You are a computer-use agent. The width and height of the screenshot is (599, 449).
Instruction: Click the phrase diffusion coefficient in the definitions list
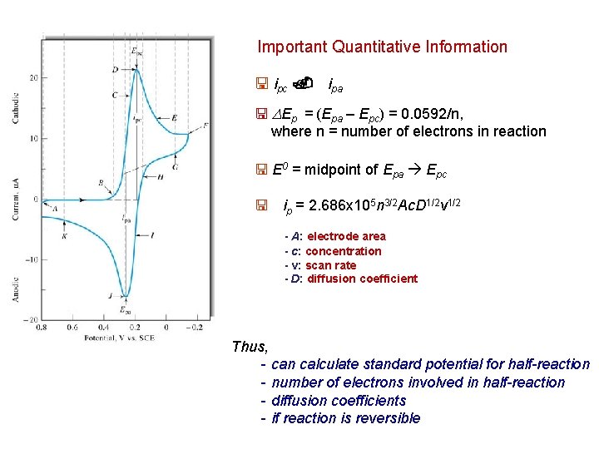coord(362,279)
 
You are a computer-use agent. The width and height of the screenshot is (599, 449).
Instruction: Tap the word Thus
coord(250,347)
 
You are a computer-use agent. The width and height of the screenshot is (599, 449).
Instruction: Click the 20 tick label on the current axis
coord(32,77)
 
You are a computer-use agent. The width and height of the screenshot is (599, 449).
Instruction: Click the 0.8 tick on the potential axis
coord(42,327)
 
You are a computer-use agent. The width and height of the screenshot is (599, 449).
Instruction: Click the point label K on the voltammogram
coord(64,237)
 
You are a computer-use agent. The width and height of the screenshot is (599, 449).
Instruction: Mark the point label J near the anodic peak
coord(110,295)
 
